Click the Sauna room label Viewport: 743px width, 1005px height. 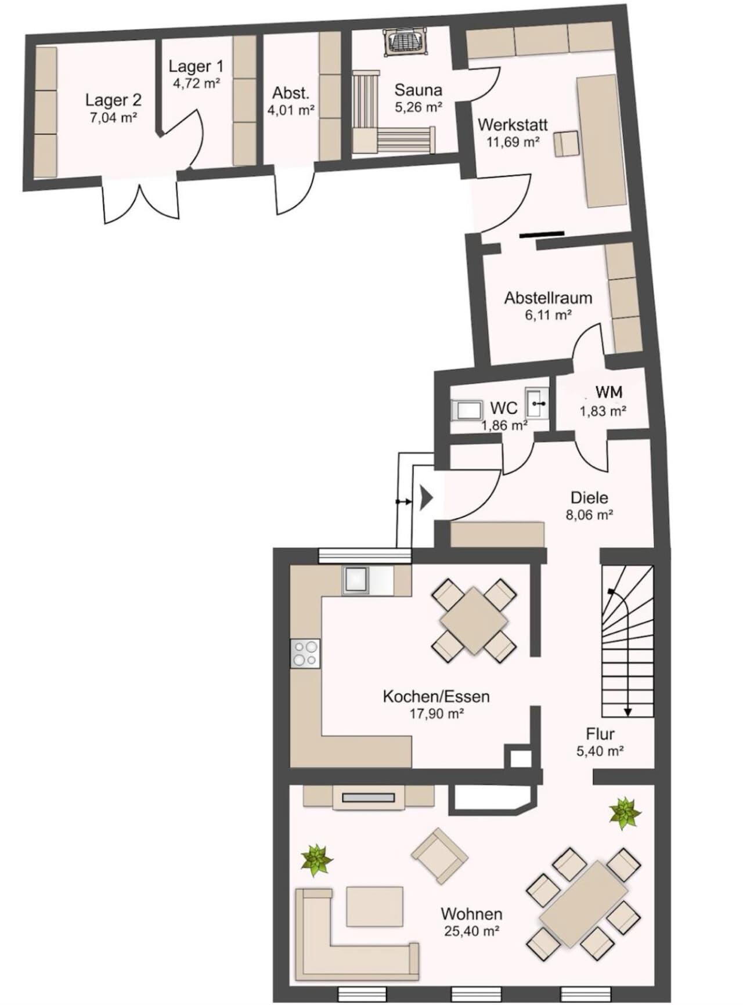point(418,90)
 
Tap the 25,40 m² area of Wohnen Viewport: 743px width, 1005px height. point(471,931)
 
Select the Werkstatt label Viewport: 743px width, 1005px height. point(513,125)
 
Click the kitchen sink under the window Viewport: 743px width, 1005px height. point(355,580)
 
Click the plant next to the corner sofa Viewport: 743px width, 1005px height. point(316,860)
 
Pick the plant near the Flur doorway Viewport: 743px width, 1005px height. point(625,813)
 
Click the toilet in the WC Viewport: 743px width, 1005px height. point(466,410)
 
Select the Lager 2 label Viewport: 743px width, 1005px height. point(113,100)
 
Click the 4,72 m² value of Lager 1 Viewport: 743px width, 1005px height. point(197,83)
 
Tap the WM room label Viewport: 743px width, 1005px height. point(609,392)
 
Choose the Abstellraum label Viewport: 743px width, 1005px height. point(548,298)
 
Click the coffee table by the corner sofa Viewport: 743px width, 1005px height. point(374,906)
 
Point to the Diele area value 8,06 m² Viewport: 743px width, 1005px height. point(590,515)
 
